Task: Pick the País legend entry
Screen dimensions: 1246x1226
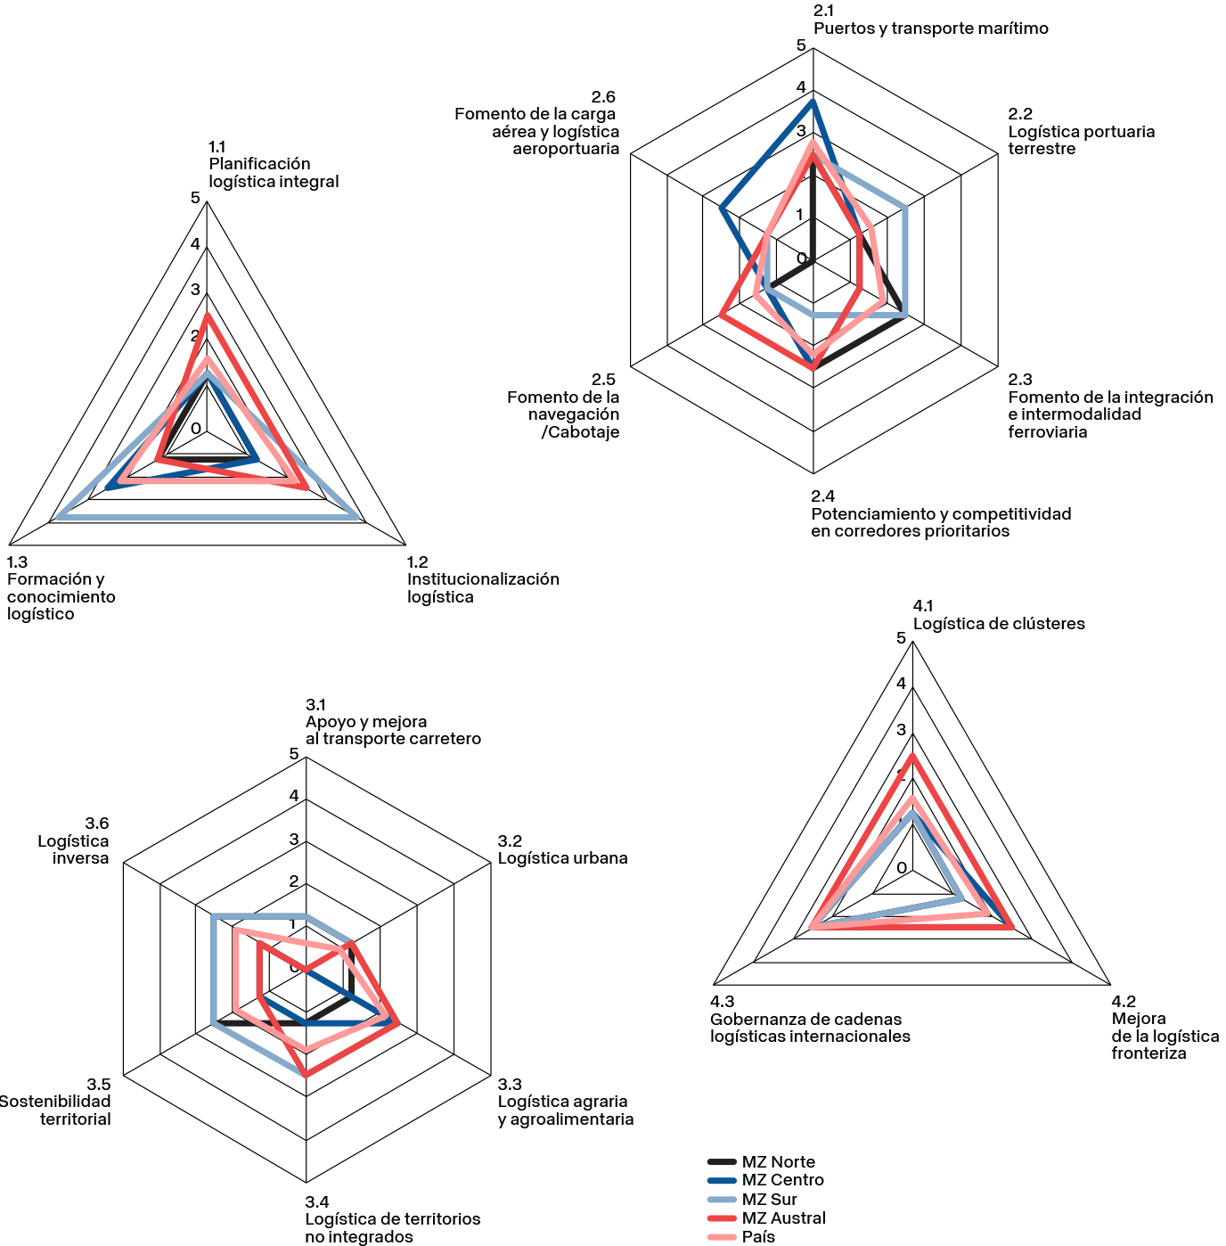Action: [758, 1236]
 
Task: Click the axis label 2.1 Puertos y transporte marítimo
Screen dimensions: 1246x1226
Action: [930, 20]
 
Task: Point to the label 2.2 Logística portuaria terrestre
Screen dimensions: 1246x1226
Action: [1081, 132]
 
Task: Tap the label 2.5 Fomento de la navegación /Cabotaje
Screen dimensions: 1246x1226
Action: [563, 406]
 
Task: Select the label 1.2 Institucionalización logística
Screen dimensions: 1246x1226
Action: [482, 579]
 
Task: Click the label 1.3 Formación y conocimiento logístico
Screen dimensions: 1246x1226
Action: [61, 588]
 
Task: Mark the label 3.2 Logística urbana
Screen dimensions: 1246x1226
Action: [562, 850]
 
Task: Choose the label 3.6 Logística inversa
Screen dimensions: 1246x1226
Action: [74, 841]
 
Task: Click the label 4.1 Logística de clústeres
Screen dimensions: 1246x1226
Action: [998, 615]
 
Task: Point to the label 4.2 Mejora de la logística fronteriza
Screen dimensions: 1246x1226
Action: [1165, 1028]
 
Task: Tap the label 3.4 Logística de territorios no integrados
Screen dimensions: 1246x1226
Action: [392, 1219]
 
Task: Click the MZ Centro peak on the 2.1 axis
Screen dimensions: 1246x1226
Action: [813, 102]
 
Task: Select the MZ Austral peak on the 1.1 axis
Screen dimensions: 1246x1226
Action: [207, 316]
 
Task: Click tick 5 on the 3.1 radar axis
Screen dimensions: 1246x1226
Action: [294, 754]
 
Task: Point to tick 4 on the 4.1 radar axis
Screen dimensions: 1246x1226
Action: [901, 684]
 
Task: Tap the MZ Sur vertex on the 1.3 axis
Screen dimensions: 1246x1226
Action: [59, 517]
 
